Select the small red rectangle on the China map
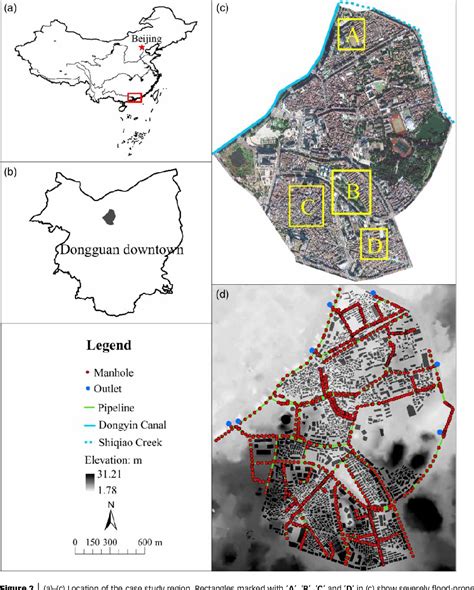pyautogui.click(x=134, y=97)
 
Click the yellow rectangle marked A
pyautogui.click(x=352, y=35)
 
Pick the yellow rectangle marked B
pyautogui.click(x=351, y=190)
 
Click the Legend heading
pyautogui.click(x=107, y=345)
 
